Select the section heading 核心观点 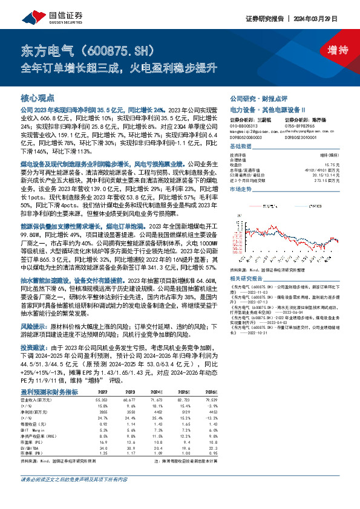pyautogui.click(x=38, y=97)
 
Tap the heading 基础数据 pyautogui.click(x=241, y=148)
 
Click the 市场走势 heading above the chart pyautogui.click(x=241, y=189)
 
